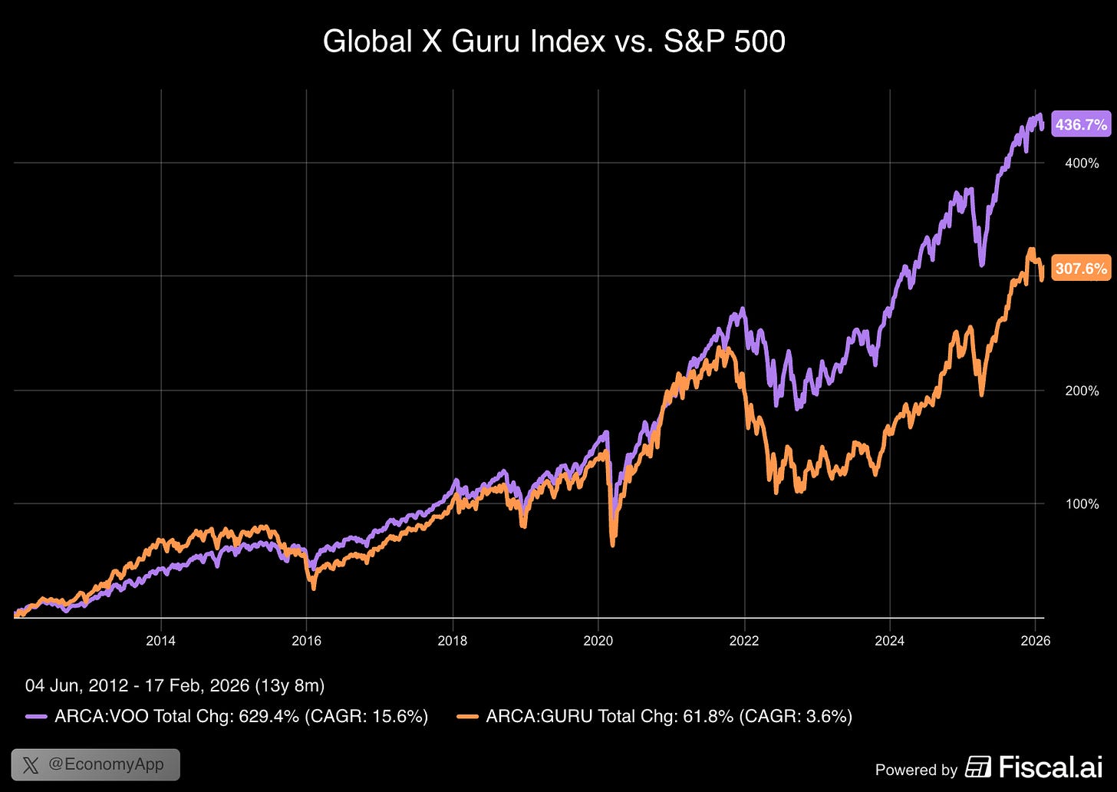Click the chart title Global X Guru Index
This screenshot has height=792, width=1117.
click(x=554, y=41)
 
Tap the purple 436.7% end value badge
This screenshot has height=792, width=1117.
click(x=1080, y=124)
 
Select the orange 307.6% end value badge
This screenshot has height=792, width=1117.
click(x=1080, y=269)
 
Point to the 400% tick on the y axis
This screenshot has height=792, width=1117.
click(x=1082, y=163)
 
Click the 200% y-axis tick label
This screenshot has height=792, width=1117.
click(x=1082, y=391)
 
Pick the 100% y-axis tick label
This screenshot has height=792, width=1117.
click(x=1082, y=504)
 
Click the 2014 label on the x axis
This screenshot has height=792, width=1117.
click(x=160, y=641)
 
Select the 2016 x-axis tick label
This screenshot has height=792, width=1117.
click(x=306, y=641)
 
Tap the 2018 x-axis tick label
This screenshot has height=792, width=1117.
click(x=452, y=641)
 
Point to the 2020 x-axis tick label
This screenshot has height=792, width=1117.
click(x=598, y=641)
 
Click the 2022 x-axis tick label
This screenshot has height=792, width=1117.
click(x=743, y=641)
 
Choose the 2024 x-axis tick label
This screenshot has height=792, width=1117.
click(x=889, y=641)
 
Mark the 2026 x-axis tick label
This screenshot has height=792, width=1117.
click(x=1035, y=641)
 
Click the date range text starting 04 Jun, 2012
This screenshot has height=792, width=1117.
click(x=175, y=685)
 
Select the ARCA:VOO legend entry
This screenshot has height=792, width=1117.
click(x=227, y=717)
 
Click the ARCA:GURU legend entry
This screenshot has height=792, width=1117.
click(x=654, y=717)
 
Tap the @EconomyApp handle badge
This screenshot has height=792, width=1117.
click(x=95, y=764)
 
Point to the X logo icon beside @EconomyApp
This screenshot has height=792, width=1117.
click(x=31, y=765)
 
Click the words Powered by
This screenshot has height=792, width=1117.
click(x=916, y=770)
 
